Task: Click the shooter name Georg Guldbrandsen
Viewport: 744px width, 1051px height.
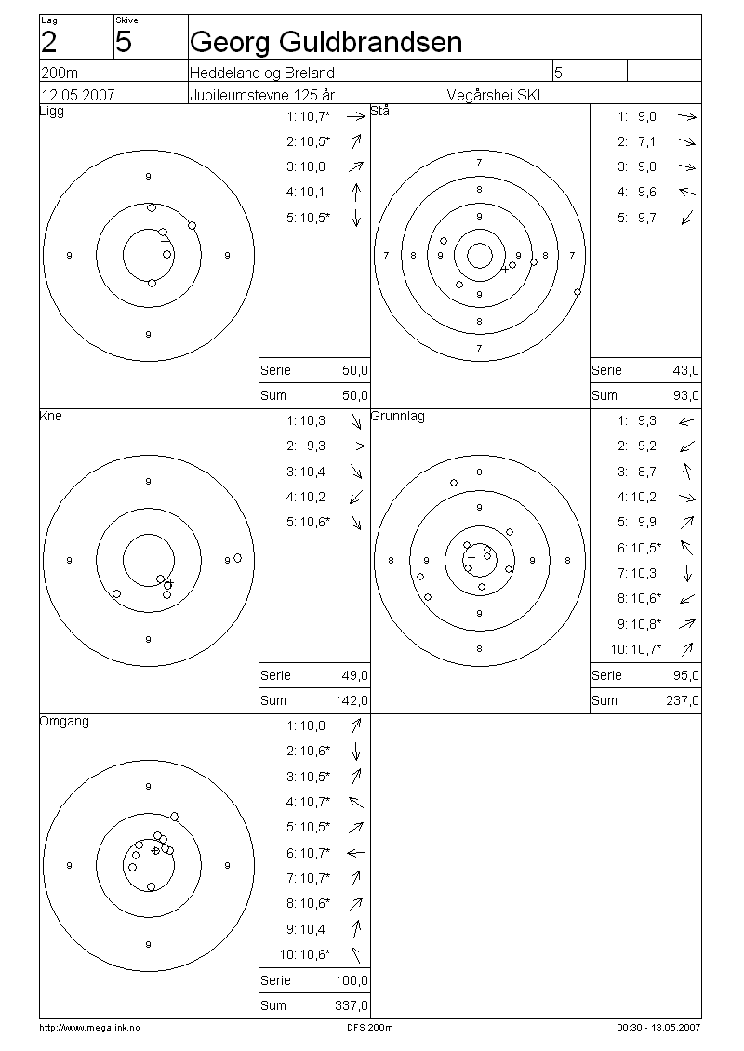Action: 325,43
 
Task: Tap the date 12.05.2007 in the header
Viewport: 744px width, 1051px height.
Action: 78,95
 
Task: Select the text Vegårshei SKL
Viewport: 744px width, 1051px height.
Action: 496,95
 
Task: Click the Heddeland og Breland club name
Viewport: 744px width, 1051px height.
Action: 262,73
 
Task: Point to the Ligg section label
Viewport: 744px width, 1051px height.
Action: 52,112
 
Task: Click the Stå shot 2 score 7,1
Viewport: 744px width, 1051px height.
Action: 646,141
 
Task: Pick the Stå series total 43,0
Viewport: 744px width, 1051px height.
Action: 685,370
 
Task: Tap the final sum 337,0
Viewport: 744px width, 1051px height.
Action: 352,1005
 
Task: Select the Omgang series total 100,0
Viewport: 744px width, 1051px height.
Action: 352,980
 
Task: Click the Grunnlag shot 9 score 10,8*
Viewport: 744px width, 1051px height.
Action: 644,623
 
